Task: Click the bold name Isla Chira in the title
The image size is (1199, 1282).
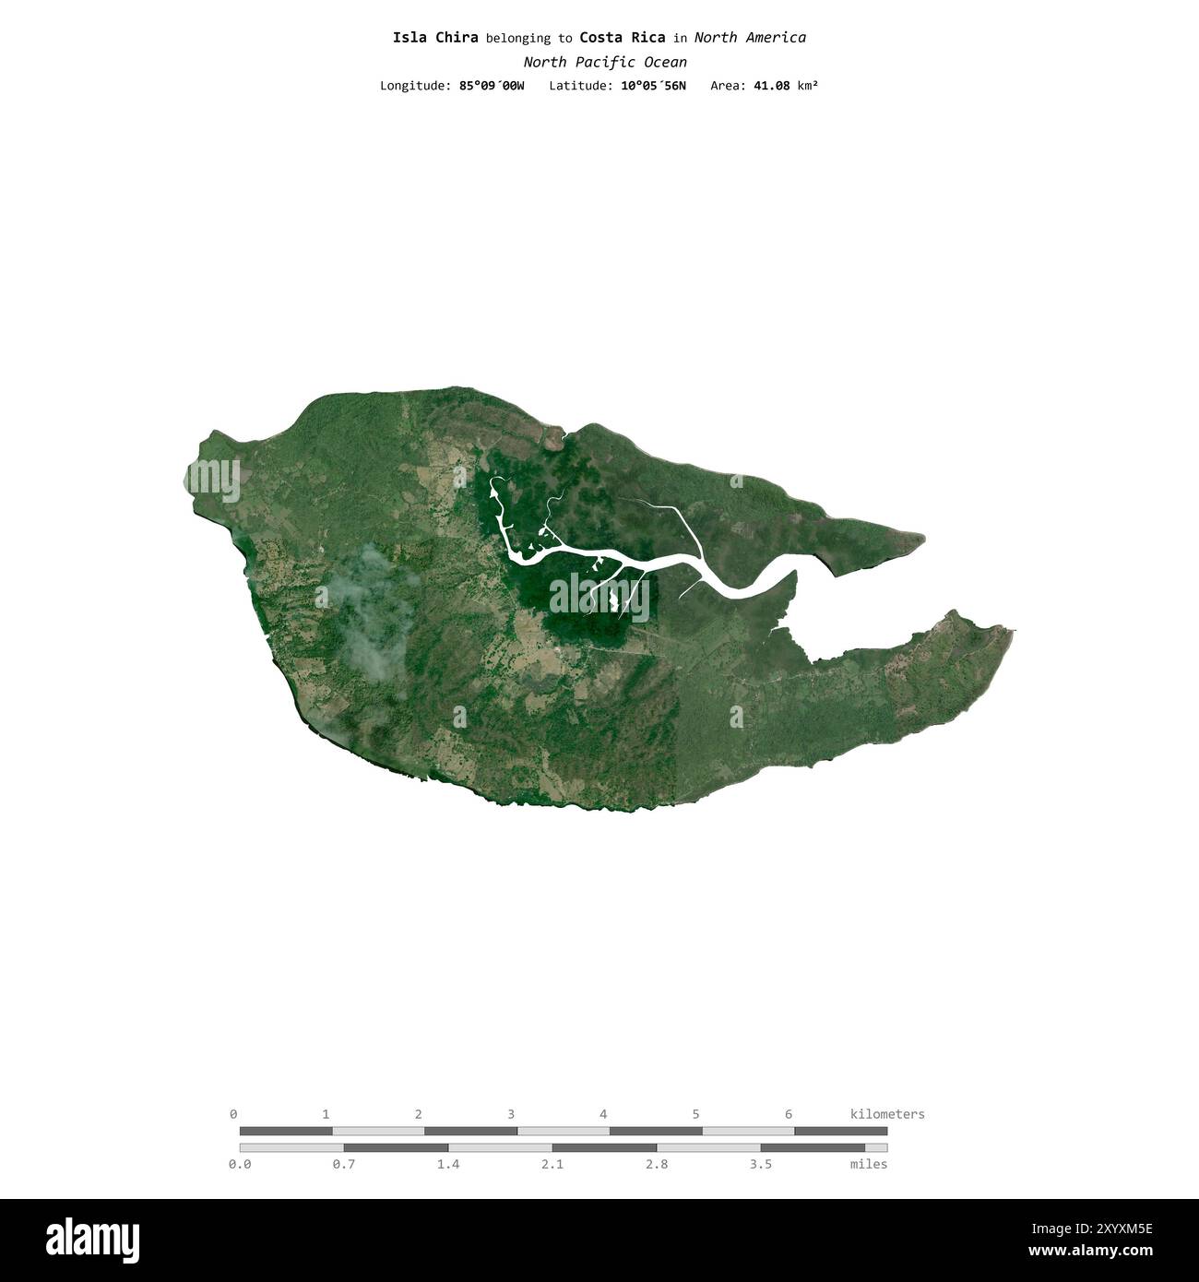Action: click(435, 38)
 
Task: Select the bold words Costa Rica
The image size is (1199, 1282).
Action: click(623, 38)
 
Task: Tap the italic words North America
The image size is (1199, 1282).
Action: click(750, 38)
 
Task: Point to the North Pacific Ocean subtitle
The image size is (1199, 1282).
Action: click(605, 63)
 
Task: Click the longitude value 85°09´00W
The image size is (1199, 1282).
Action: click(492, 86)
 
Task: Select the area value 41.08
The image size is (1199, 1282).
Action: click(771, 86)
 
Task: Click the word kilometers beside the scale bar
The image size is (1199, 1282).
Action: click(886, 1114)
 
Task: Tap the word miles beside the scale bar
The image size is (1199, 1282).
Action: click(869, 1164)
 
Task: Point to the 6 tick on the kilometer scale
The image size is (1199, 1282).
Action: click(789, 1114)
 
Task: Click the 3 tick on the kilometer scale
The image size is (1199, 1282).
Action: click(511, 1114)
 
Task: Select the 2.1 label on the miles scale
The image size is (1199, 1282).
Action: click(552, 1164)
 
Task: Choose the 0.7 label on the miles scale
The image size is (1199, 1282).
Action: click(344, 1164)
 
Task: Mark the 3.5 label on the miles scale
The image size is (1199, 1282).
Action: click(761, 1164)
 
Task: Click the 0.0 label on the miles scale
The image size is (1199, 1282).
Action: click(240, 1164)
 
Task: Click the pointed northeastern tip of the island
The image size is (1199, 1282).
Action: click(920, 537)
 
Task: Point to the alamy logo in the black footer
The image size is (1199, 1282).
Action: click(93, 1240)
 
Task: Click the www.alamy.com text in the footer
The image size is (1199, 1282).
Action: click(1090, 1252)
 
